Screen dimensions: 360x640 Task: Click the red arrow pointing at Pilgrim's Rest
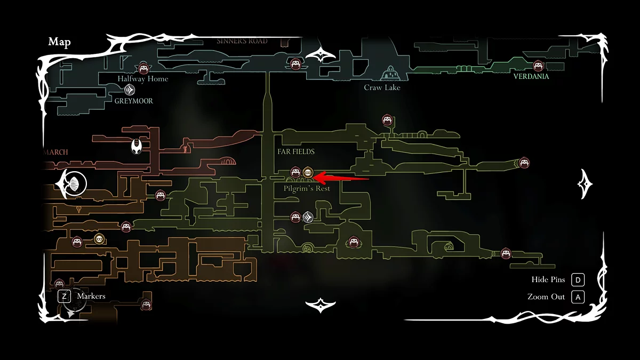coord(341,176)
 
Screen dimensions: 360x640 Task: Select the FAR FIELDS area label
coord(296,151)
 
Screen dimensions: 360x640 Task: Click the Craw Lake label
coord(382,87)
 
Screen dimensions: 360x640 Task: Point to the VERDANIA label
coord(531,76)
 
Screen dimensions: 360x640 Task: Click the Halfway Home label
coord(143,79)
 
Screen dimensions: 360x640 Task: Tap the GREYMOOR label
coord(133,101)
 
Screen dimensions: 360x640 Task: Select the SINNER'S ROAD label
coord(242,41)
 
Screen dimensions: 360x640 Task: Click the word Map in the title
coord(60,42)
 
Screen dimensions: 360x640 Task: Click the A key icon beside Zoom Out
coord(578,297)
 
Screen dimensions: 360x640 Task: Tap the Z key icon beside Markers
coord(65,296)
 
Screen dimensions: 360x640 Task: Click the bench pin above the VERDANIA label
coord(538,66)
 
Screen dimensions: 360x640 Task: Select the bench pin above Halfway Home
coord(143,68)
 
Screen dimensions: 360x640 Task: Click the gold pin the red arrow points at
coord(308,172)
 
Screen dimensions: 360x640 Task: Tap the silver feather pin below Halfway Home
coord(129,90)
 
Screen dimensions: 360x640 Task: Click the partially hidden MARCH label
coord(55,152)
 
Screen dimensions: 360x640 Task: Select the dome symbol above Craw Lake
coord(390,72)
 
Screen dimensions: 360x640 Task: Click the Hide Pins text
coord(548,280)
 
